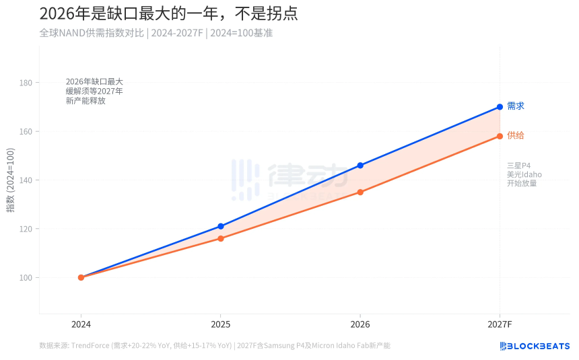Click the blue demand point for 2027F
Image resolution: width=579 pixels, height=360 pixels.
tap(500, 107)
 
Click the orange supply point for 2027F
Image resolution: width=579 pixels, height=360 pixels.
tap(500, 136)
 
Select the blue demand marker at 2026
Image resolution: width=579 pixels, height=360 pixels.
tap(360, 166)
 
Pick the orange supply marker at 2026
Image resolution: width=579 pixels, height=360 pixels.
tap(360, 192)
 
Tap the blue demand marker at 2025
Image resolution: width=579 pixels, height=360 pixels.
tap(220, 226)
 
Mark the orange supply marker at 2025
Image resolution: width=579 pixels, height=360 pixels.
tap(220, 238)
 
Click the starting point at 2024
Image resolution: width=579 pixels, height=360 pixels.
tap(81, 277)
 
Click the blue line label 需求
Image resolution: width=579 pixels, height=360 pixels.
tap(515, 106)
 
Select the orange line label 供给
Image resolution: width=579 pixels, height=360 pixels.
tap(515, 136)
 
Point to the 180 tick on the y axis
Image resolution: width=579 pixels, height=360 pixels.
tap(27, 83)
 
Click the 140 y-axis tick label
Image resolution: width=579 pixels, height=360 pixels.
tap(27, 180)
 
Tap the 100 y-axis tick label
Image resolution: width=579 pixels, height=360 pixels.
tap(27, 277)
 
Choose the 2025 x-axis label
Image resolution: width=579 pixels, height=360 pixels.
tap(220, 324)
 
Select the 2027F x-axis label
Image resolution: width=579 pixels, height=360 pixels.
tap(500, 324)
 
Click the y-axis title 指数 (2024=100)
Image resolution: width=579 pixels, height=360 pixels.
tap(11, 180)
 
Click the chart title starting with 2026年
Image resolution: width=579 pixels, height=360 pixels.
tap(168, 13)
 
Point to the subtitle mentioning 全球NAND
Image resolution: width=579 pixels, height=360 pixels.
tap(156, 32)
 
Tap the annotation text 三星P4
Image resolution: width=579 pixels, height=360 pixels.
tap(519, 166)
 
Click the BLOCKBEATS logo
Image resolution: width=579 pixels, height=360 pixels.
tap(535, 346)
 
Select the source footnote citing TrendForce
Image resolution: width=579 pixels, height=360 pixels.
tap(215, 346)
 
